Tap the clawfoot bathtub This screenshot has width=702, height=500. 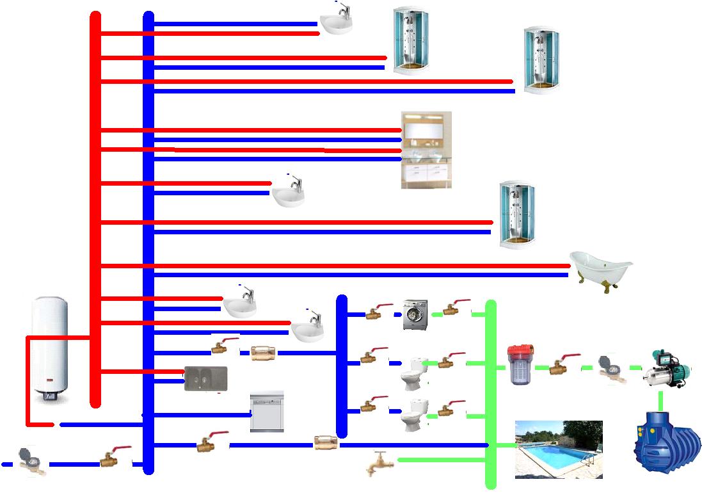coord(600,266)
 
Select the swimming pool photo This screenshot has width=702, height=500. coord(559,449)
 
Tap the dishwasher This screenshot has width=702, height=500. coord(266,412)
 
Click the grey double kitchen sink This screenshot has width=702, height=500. coord(205,378)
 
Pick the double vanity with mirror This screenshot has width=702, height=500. coord(426,150)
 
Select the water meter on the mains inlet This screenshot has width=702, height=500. coord(29,461)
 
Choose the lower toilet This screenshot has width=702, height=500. coord(413,414)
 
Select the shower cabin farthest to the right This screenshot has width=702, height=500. coord(541,60)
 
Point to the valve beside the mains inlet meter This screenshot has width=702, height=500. coord(114,456)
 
